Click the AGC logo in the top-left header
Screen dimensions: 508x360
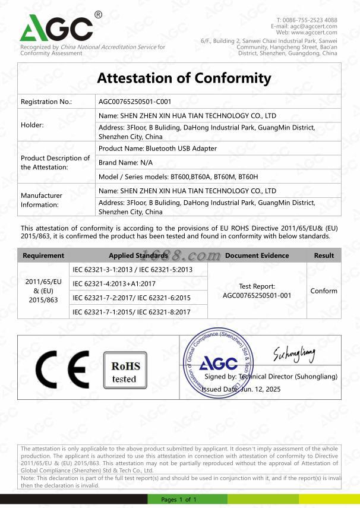[57, 28]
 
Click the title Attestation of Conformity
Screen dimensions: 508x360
[184, 78]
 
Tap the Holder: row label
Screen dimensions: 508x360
[33, 125]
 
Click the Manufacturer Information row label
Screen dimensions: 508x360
[42, 200]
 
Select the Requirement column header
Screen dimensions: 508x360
[43, 255]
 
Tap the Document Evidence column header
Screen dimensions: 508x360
[257, 255]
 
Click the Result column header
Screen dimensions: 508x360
[324, 255]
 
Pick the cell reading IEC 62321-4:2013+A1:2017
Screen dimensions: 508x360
[114, 283]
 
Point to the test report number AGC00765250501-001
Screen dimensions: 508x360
[257, 295]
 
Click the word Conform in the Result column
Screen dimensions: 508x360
[324, 291]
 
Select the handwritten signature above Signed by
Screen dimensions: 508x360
[293, 355]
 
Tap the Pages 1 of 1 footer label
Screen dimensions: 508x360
[178, 499]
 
